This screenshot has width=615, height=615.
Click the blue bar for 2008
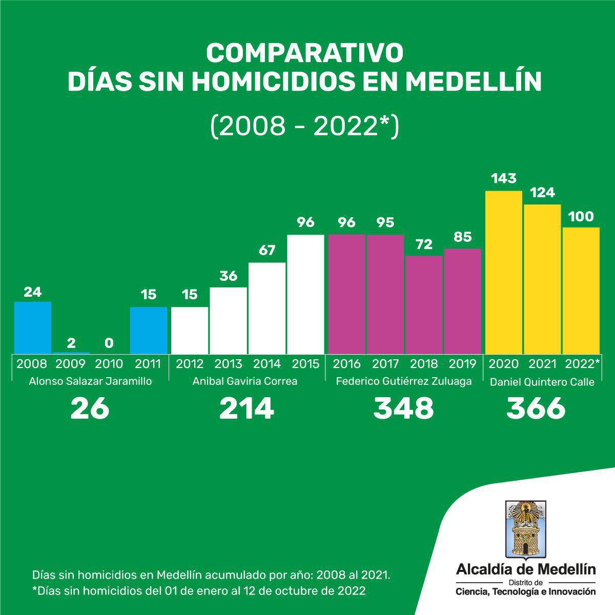click(33, 327)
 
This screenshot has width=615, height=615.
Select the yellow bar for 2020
click(504, 272)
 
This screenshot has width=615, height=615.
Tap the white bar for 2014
click(267, 307)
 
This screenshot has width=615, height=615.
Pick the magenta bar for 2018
click(424, 304)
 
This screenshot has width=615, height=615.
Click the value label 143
click(504, 179)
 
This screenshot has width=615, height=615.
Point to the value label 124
click(542, 193)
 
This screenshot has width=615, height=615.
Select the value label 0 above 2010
click(109, 342)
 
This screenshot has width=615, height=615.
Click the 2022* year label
click(582, 364)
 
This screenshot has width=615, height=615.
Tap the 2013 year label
click(228, 364)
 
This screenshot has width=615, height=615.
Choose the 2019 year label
click(462, 364)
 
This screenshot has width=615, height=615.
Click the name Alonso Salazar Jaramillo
click(91, 381)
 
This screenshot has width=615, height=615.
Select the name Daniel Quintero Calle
click(542, 382)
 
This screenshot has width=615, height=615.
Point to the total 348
click(404, 408)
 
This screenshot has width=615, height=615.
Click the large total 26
click(90, 408)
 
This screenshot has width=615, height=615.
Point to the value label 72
click(424, 244)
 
